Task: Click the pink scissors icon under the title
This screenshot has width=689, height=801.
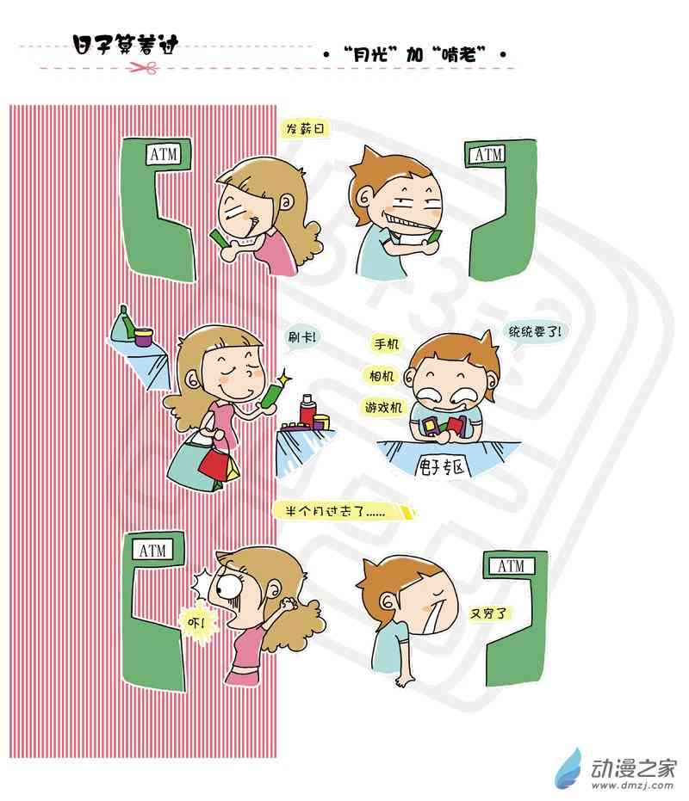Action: (x=144, y=67)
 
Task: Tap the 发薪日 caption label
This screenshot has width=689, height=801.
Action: (x=305, y=129)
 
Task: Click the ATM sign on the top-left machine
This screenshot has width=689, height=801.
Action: (x=164, y=154)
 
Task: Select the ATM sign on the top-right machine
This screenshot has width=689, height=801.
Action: (x=489, y=154)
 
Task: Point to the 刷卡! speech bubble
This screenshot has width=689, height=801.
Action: (x=302, y=337)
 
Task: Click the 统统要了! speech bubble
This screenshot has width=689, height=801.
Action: (x=533, y=333)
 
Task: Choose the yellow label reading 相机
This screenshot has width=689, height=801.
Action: (x=382, y=376)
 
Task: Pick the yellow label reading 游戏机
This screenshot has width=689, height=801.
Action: (x=383, y=407)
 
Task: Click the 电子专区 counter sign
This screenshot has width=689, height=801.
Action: (x=441, y=466)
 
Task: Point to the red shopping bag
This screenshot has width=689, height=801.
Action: (x=214, y=465)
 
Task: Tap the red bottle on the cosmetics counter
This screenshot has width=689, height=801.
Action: (x=307, y=410)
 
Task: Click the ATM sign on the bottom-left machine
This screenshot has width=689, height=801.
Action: (x=153, y=550)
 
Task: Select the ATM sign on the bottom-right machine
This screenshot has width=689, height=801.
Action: (x=511, y=565)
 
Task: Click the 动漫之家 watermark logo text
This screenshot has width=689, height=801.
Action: (x=633, y=767)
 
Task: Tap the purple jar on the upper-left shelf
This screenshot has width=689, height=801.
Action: (x=144, y=336)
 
